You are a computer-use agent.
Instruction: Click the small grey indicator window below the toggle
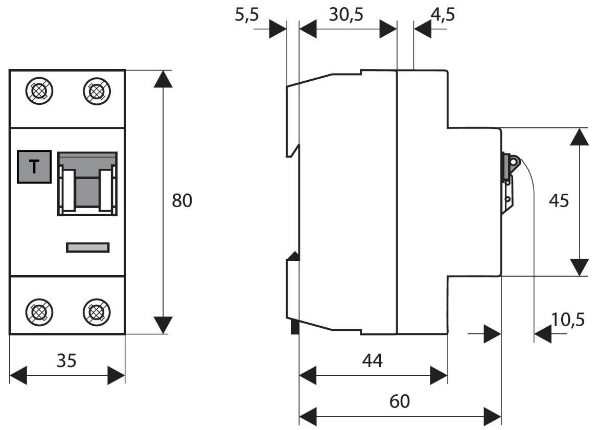(x=87, y=247)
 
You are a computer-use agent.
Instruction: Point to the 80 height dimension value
(x=182, y=201)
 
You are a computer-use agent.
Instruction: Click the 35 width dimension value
(x=66, y=360)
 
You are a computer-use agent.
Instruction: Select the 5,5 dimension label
(x=247, y=15)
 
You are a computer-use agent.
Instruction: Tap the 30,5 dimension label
(x=345, y=15)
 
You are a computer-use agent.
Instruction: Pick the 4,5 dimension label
(x=442, y=15)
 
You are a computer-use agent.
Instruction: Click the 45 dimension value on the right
(x=558, y=201)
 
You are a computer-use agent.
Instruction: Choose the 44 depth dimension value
(x=372, y=361)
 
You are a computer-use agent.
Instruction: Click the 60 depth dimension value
(x=399, y=401)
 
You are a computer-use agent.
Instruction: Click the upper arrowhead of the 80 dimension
(x=163, y=80)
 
